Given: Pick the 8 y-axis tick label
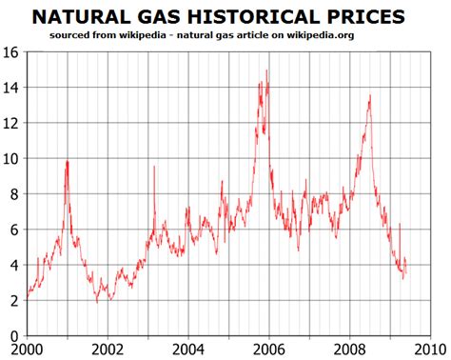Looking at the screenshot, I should click(12, 193).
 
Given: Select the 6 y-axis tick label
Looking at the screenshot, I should click(12, 230).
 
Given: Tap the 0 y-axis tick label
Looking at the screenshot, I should click(12, 336).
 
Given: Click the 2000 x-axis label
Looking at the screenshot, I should click(26, 350).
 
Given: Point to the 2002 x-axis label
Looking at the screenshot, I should click(107, 350).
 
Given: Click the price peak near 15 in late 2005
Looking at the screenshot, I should click(267, 70).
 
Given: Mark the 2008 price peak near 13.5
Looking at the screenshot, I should click(369, 95).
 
